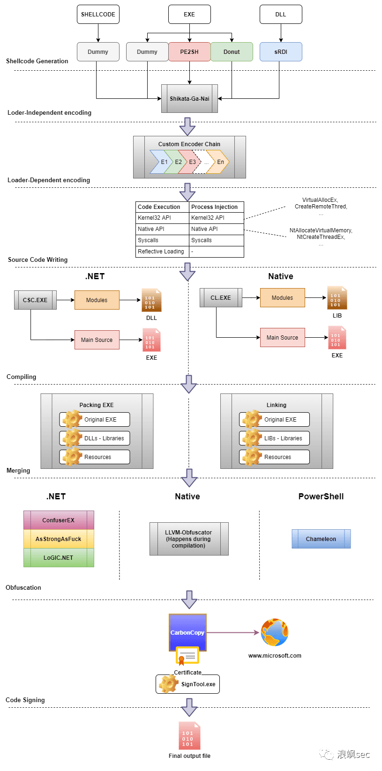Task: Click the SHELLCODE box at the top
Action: click(x=98, y=15)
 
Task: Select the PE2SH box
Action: click(x=189, y=52)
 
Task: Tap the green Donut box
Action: click(x=232, y=52)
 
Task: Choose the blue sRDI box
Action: click(x=281, y=52)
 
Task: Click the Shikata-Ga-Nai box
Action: click(x=189, y=99)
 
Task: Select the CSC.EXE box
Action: click(x=36, y=300)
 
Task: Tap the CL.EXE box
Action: click(x=221, y=298)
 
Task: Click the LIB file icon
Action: click(x=337, y=298)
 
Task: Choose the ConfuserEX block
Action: click(x=59, y=520)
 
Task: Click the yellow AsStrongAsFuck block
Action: click(x=59, y=539)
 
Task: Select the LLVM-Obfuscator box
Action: click(x=189, y=539)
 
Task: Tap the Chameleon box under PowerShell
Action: click(x=321, y=539)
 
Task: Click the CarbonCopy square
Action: click(x=187, y=632)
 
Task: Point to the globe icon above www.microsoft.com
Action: click(x=275, y=632)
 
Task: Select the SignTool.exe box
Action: click(x=188, y=684)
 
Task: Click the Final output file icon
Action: click(x=189, y=736)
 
